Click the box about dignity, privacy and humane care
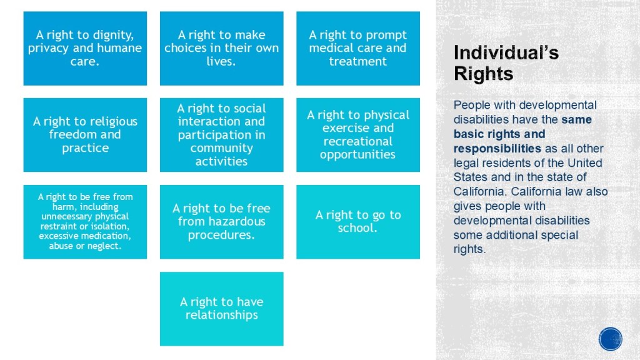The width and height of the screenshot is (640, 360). pos(85,48)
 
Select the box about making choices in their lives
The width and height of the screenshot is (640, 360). pos(222,48)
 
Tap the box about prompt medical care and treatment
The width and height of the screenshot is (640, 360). pos(358,48)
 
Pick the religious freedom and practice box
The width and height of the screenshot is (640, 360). pos(85,135)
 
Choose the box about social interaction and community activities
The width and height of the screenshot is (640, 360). pos(222,135)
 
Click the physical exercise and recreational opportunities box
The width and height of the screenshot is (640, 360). pos(358,135)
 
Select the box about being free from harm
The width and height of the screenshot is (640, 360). pos(85,222)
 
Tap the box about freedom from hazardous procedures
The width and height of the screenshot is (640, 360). pos(222,222)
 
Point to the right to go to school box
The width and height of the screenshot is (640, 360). pos(358,222)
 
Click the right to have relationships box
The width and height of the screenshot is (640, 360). pos(222,309)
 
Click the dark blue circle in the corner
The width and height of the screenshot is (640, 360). pos(611,339)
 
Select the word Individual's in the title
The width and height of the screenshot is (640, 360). pos(506,52)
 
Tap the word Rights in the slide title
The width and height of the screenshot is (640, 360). pos(484,74)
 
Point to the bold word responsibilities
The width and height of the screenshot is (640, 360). pos(497,148)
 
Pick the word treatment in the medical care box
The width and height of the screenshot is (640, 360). pos(358,61)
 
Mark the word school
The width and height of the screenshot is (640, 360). pos(357,227)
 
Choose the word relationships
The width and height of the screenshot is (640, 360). pos(222,315)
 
